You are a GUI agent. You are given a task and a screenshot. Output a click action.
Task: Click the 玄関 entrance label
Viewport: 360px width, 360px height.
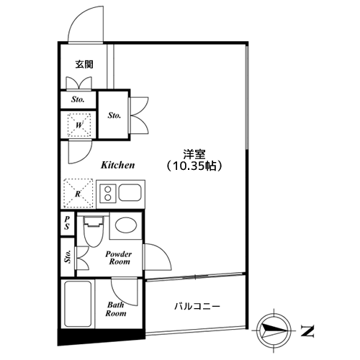point(84,65)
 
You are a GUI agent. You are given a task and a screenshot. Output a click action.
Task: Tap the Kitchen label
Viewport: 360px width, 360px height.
point(117,165)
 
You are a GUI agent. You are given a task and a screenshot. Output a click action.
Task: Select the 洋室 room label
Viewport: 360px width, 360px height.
point(194,153)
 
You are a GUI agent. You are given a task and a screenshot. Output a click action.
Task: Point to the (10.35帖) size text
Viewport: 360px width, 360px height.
point(194,166)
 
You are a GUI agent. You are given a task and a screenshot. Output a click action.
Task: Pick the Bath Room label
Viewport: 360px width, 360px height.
point(116,309)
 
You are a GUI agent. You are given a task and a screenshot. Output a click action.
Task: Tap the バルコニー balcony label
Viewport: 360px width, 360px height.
point(197,307)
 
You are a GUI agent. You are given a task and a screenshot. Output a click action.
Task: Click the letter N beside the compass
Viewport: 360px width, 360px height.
point(309,331)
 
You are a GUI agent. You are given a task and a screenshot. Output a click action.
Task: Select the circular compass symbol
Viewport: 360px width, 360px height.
point(274,328)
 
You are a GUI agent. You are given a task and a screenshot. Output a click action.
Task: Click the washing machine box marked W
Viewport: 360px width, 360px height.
point(78,124)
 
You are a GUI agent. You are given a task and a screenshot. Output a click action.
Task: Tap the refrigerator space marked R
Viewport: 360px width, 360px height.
point(78,192)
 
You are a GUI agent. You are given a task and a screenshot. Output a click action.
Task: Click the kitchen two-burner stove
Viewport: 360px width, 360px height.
point(108,193)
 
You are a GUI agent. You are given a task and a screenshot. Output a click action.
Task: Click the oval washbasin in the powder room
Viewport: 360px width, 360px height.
point(125,225)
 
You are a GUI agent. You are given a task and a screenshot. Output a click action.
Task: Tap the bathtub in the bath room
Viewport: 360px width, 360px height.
point(78,305)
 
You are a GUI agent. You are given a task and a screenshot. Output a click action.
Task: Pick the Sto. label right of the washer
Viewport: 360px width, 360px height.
point(114,114)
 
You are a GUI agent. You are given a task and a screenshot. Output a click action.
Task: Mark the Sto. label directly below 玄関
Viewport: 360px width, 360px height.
point(78,99)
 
